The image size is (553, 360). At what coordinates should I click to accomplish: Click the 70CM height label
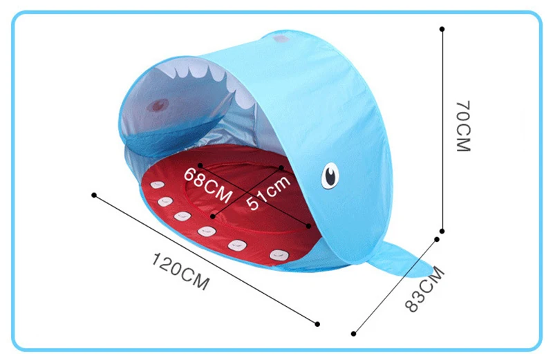tap(462, 126)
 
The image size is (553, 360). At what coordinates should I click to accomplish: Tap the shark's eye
tap(331, 176)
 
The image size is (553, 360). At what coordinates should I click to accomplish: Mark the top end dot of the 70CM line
tap(442, 29)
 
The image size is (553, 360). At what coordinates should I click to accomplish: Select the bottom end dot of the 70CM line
tap(442, 231)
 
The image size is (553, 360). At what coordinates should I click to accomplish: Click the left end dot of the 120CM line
tap(94, 195)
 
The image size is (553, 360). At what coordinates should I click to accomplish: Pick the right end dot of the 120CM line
tap(317, 323)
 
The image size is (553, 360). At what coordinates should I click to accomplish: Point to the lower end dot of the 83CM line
tap(354, 333)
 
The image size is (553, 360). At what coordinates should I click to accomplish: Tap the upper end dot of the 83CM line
tap(437, 239)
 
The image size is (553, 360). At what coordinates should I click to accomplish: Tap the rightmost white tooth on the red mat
tap(278, 254)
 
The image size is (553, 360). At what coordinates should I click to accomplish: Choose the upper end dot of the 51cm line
tap(281, 167)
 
